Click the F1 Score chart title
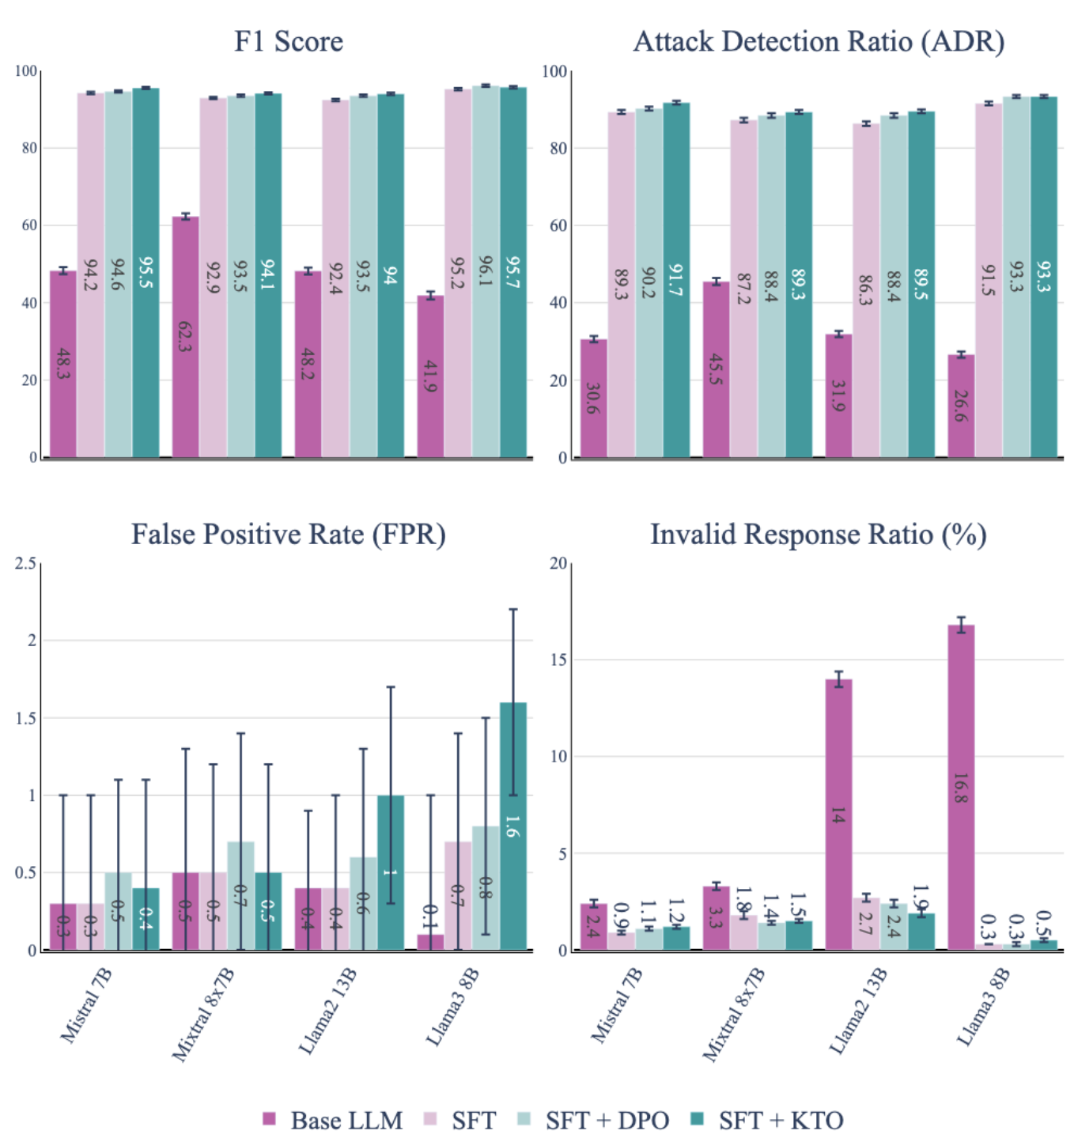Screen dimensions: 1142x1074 [x=289, y=41]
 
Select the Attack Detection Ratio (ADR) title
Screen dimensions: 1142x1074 [x=819, y=41]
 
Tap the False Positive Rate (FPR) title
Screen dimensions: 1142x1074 [x=289, y=534]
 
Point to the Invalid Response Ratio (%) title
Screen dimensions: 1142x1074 [x=819, y=534]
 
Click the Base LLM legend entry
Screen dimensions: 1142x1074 [x=333, y=1120]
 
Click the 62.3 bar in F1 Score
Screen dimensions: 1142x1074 [x=186, y=336]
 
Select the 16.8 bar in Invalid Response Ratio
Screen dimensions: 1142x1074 [x=961, y=787]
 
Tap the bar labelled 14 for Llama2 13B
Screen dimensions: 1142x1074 [x=838, y=815]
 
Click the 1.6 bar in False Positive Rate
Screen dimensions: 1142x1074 [x=513, y=826]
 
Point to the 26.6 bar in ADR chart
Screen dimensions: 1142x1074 [x=961, y=406]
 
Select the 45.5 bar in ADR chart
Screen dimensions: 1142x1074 [x=716, y=369]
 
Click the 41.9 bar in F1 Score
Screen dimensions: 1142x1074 [x=431, y=376]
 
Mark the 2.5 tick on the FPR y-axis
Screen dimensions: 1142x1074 [x=26, y=563]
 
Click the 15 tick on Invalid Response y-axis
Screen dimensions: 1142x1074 [x=559, y=660]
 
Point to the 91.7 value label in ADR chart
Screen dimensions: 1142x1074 [x=676, y=279]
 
